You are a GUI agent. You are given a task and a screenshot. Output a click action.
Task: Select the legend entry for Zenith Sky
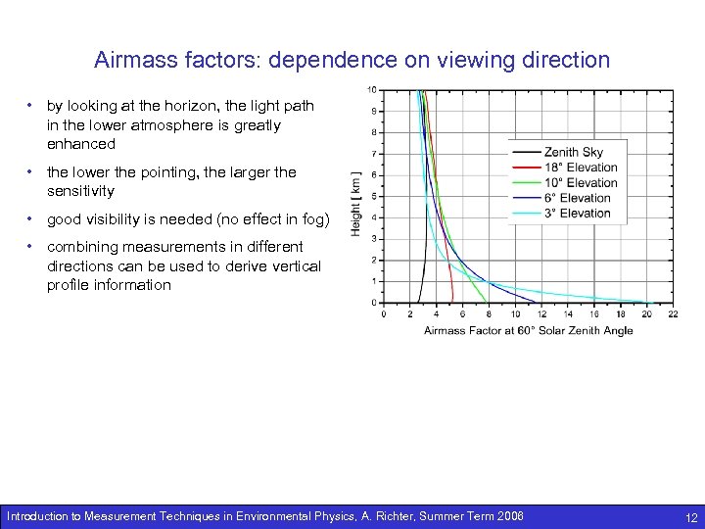[x=573, y=152]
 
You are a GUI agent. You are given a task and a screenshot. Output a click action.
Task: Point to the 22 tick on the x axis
[x=673, y=314]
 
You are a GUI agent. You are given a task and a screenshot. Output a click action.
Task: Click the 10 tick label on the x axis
[x=515, y=314]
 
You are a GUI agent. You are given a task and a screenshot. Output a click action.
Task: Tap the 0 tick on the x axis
[x=383, y=314]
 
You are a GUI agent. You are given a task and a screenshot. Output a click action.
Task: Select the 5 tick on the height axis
[x=372, y=196]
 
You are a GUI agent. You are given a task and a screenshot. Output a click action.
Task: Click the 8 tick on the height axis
[x=372, y=133]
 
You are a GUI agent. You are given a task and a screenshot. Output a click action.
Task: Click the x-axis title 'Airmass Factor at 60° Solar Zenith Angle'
[x=528, y=331]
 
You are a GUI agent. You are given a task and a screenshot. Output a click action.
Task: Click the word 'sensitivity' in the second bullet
[x=80, y=191]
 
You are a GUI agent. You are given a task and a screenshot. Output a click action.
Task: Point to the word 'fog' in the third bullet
[x=310, y=219]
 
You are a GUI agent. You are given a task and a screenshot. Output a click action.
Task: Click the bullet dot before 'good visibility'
[x=32, y=218]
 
